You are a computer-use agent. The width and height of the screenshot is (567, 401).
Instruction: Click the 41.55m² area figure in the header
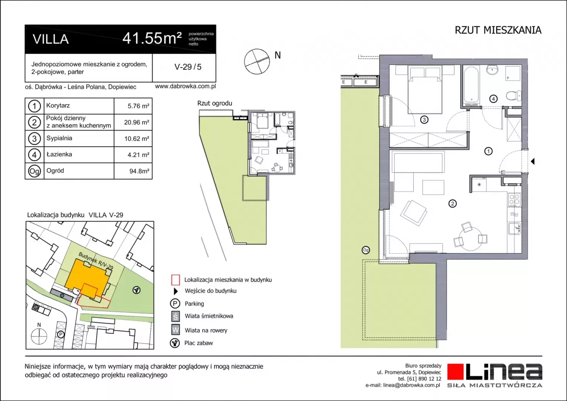pos(152,38)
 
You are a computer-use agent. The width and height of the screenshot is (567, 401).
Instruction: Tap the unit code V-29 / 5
pos(188,67)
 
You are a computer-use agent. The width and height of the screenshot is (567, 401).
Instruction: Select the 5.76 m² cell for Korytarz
pos(138,106)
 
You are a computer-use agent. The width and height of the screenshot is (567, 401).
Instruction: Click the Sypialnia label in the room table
pos(59,138)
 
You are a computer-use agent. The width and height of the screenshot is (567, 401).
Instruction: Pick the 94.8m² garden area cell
pos(139,171)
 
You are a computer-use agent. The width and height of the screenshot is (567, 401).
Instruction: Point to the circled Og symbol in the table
pos(35,171)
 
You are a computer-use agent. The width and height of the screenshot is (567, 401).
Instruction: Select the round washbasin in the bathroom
pos(492,70)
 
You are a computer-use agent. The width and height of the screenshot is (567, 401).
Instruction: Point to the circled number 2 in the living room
pos(452,203)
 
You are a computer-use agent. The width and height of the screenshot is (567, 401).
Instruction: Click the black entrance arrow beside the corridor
pos(532,162)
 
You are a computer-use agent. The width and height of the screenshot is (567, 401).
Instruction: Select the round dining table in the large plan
pos(471,238)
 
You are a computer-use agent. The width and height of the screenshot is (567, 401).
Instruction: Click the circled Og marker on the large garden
pos(366,250)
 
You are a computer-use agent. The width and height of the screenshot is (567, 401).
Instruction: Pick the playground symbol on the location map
pos(137,290)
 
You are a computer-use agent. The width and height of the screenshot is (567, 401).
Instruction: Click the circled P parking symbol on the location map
pos(60,335)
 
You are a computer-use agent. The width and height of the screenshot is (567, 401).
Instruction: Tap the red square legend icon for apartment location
pos(176,280)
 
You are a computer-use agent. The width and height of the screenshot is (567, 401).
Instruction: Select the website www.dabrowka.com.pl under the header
pos(185,86)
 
